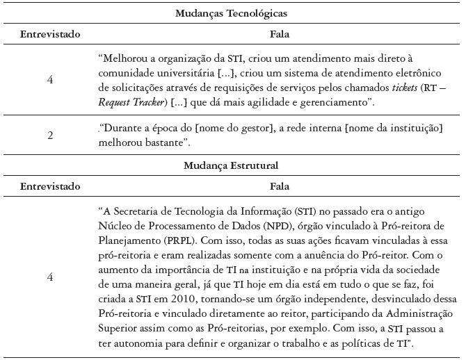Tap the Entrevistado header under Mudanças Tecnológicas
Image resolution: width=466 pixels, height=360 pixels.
pos(50,34)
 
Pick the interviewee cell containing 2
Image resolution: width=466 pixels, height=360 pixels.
pos(50,136)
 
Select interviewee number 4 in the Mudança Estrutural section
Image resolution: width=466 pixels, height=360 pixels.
pos(50,276)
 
